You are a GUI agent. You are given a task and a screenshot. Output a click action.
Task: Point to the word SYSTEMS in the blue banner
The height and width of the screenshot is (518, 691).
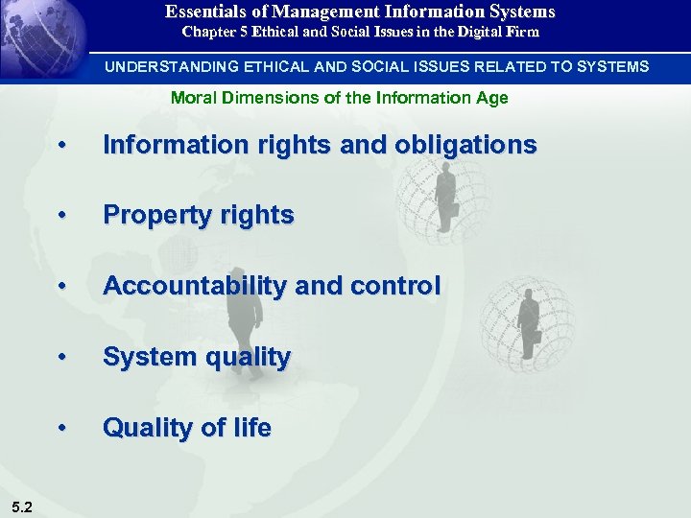pyautogui.click(x=616, y=67)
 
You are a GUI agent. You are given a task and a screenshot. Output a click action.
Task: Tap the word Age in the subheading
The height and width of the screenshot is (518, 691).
pyautogui.click(x=493, y=98)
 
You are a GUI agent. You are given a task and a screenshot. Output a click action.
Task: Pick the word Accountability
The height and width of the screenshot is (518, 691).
pyautogui.click(x=185, y=286)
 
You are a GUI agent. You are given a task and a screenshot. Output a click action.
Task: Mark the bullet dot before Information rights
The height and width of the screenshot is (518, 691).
pyautogui.click(x=62, y=147)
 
